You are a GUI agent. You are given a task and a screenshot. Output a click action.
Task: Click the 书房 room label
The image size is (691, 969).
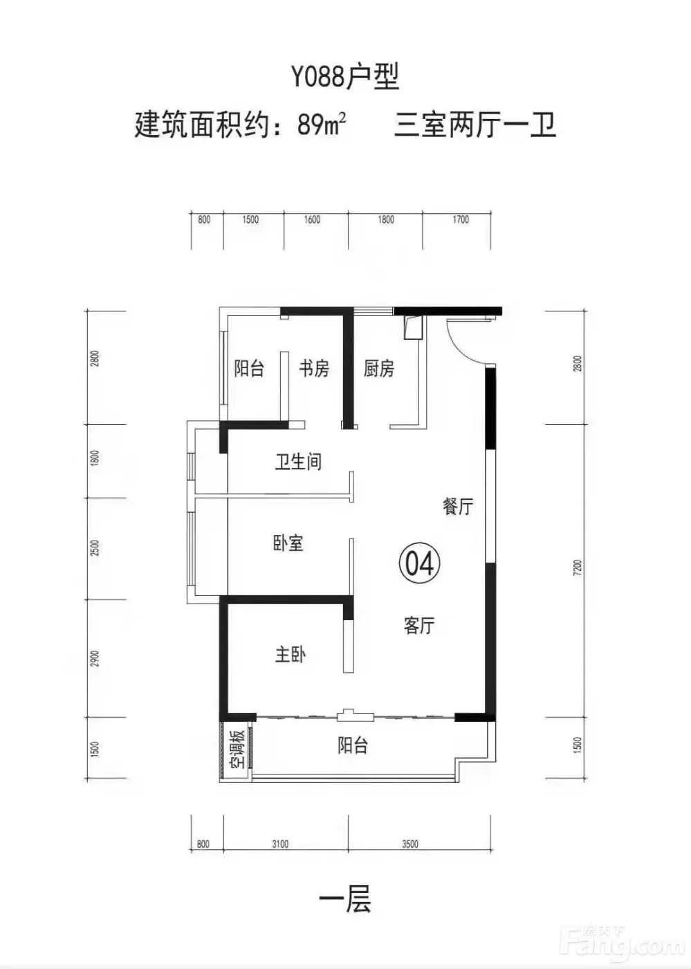(x=313, y=369)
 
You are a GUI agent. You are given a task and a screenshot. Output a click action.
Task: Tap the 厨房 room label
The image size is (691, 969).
(x=378, y=369)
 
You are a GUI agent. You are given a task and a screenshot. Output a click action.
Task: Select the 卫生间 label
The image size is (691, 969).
(x=298, y=462)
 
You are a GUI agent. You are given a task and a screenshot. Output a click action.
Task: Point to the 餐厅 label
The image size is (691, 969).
(x=457, y=506)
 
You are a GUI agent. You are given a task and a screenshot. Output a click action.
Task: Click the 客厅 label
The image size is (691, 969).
(x=418, y=626)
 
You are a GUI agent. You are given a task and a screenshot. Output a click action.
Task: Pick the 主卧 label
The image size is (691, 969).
(x=290, y=655)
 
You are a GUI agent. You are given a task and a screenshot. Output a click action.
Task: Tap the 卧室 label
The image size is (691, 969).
(x=288, y=544)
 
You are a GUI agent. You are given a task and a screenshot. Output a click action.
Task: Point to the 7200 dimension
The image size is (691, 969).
(x=578, y=568)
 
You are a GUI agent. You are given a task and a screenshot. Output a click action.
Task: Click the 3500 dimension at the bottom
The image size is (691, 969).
(x=409, y=844)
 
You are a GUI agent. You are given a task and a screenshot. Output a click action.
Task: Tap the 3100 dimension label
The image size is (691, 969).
(x=279, y=844)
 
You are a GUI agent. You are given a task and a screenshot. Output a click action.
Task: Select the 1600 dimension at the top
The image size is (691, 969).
(x=312, y=220)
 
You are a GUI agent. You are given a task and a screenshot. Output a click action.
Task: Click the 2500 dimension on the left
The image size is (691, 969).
(x=95, y=548)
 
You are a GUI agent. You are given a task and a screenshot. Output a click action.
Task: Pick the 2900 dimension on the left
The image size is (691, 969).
(x=95, y=658)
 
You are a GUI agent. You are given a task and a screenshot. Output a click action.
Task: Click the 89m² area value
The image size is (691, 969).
(x=322, y=125)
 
